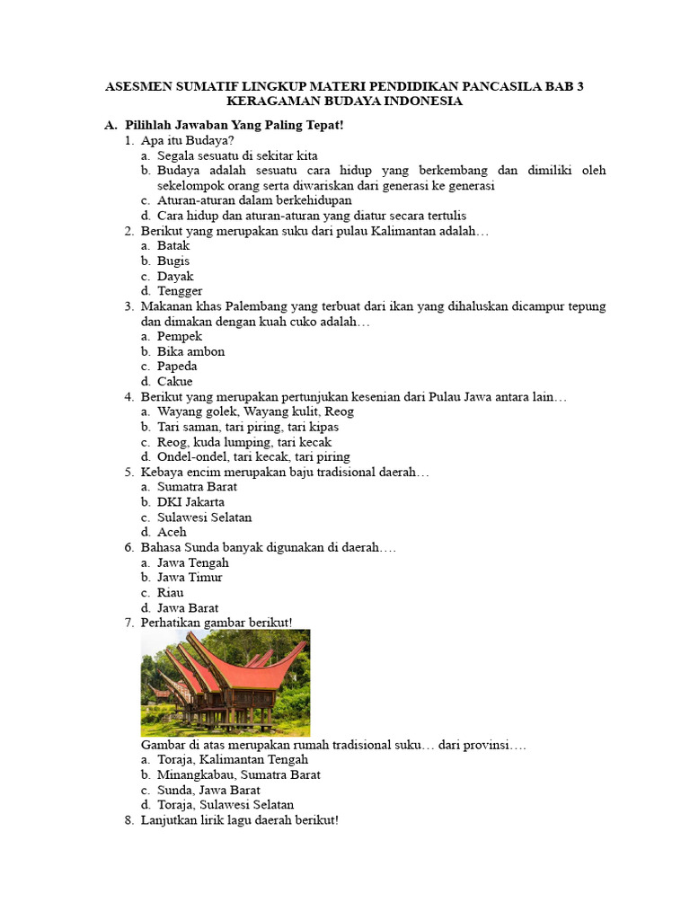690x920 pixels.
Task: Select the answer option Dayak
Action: click(x=175, y=276)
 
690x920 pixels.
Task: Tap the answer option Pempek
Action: click(x=180, y=336)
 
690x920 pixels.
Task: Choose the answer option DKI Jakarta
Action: click(x=190, y=501)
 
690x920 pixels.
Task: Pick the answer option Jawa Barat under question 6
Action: click(x=188, y=607)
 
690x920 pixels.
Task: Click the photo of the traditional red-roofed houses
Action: click(x=226, y=683)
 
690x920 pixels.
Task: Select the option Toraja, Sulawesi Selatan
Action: click(x=226, y=804)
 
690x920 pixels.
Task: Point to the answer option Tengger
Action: click(x=180, y=291)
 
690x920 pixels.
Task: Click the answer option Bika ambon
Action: click(x=190, y=351)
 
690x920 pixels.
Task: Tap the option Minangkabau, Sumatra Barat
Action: click(x=238, y=774)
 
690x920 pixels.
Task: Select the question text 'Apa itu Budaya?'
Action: click(x=188, y=140)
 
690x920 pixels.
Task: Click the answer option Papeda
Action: click(x=177, y=367)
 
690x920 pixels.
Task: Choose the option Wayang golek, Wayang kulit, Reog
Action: click(x=255, y=411)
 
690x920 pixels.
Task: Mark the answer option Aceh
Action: click(x=172, y=532)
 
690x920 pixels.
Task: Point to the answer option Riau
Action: click(x=171, y=592)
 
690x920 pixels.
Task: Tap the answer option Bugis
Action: click(x=173, y=261)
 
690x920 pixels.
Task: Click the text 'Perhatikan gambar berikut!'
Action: click(x=216, y=623)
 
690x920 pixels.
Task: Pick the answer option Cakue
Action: click(x=174, y=381)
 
